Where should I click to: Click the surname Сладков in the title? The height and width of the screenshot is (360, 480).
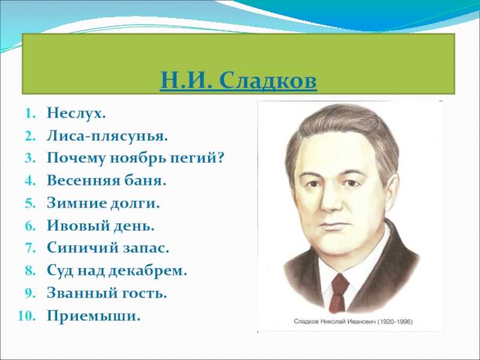(268, 81)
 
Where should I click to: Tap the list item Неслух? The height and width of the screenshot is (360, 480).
(76, 113)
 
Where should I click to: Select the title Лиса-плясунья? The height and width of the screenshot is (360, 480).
(107, 136)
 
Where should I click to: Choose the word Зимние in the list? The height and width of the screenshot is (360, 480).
(77, 203)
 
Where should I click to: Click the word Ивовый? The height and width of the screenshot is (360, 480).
(78, 226)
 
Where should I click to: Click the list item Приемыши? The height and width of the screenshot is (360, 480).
(94, 316)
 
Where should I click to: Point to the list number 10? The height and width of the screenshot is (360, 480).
(27, 316)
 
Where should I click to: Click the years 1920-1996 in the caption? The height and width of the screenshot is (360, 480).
(395, 322)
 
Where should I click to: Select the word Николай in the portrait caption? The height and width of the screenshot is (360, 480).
(332, 322)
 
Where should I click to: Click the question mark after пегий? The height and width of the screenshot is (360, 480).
(220, 158)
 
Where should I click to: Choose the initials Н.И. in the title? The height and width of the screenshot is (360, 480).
(186, 81)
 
